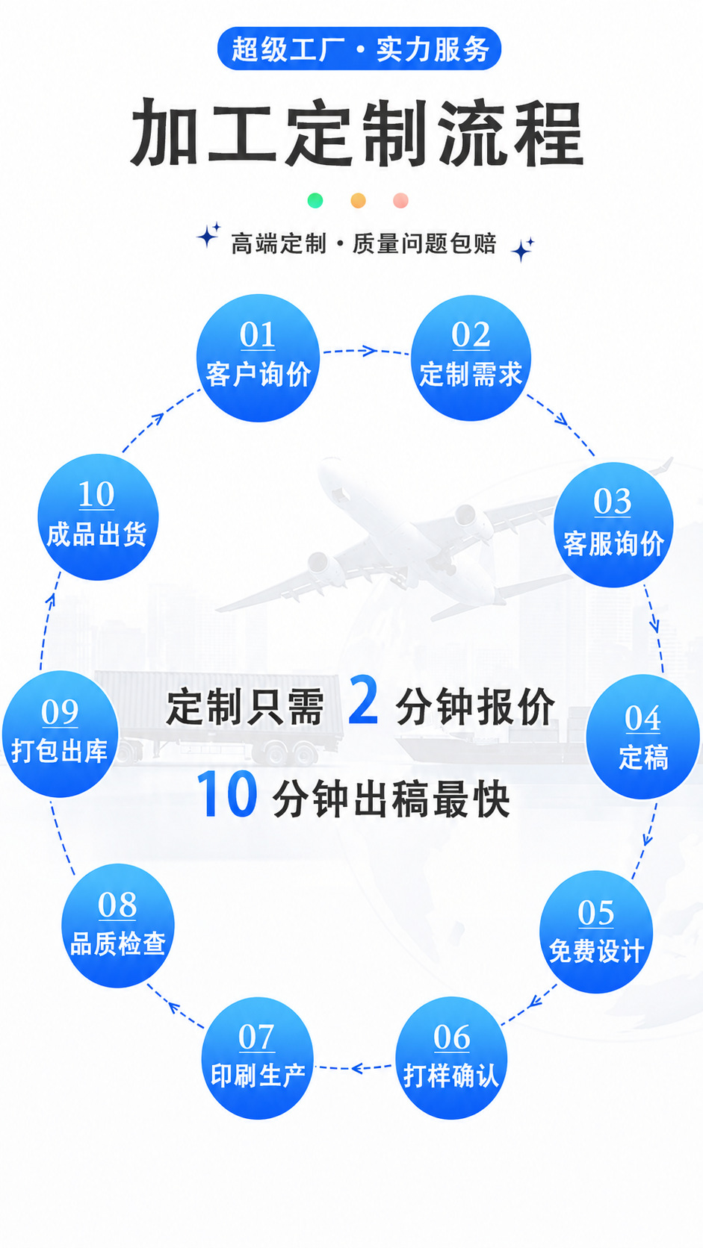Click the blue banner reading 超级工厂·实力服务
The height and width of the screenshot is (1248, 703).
tap(359, 49)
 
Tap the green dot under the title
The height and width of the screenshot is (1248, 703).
tap(315, 201)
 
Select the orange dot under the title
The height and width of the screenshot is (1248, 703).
tap(358, 201)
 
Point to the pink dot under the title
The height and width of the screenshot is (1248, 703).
tap(400, 201)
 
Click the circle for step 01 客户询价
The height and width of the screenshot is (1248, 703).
tap(258, 358)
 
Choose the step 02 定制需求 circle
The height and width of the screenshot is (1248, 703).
tap(471, 358)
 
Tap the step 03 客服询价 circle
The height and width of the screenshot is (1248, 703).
tap(613, 524)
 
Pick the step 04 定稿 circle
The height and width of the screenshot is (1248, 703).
tap(642, 736)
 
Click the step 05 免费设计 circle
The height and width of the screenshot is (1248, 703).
tap(596, 932)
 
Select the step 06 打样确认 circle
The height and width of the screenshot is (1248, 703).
tap(451, 1058)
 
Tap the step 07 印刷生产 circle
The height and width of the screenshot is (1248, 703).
tap(257, 1058)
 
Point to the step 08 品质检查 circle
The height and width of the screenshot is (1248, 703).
tap(117, 926)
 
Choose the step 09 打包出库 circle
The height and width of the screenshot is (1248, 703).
tap(60, 734)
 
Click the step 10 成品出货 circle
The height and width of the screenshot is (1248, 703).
tap(98, 517)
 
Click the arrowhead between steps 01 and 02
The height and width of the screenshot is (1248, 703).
tap(368, 351)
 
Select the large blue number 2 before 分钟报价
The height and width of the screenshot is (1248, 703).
tap(364, 700)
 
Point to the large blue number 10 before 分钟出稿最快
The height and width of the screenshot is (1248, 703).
tap(227, 793)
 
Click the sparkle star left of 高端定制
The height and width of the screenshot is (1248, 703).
tap(208, 235)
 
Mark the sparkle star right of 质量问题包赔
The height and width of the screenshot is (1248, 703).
tap(522, 249)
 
